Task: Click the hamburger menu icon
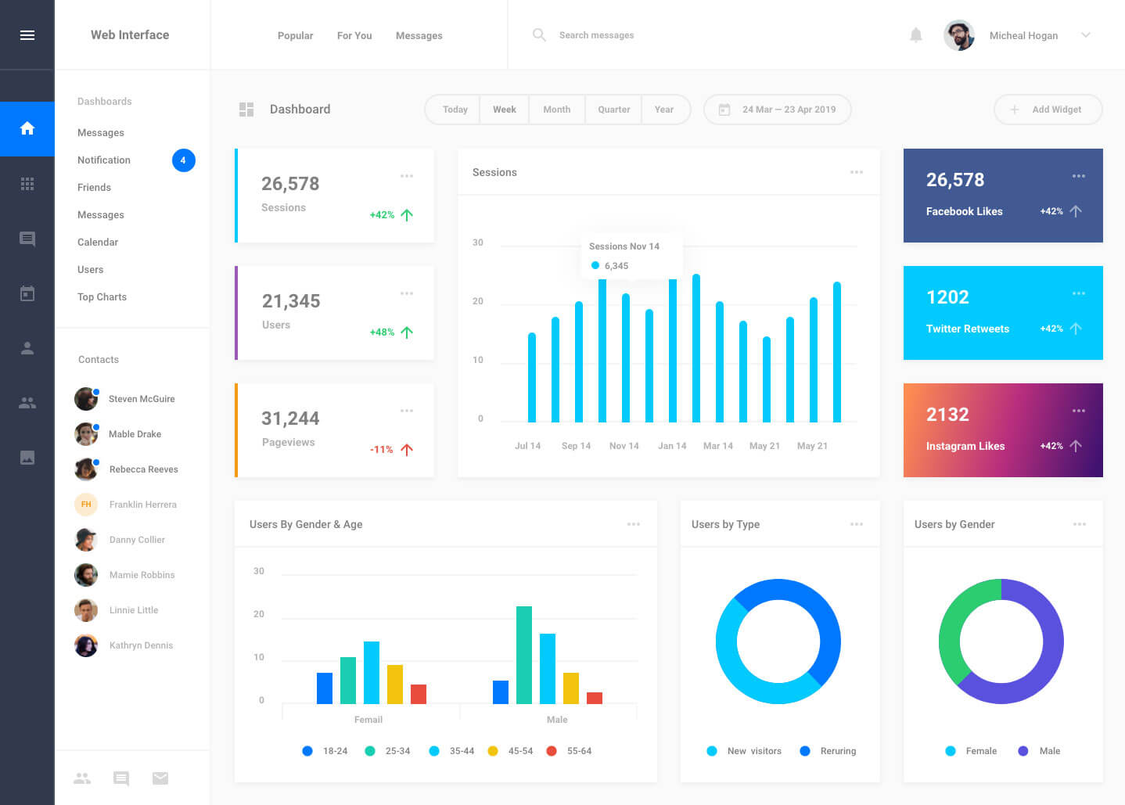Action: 27,35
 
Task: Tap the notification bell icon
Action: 915,35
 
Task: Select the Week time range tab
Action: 505,110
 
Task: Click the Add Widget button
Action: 1048,110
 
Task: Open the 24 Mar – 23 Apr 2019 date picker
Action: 777,110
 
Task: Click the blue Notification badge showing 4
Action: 183,160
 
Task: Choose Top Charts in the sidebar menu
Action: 102,296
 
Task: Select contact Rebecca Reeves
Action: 144,469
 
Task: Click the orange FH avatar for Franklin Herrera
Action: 86,504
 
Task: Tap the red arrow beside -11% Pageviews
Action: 407,450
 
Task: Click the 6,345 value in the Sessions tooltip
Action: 616,266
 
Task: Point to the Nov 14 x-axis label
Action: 624,446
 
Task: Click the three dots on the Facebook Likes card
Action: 1078,176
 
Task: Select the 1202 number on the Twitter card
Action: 947,297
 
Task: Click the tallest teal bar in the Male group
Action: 524,655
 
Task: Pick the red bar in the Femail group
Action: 419,694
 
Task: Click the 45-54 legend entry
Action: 511,751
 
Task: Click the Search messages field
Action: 596,35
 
